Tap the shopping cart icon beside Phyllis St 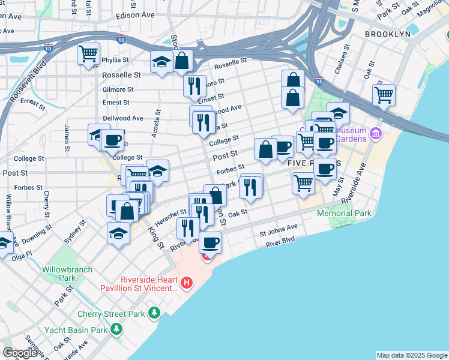point(88,54)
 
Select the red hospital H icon point(187,282)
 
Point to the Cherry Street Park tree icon point(154,313)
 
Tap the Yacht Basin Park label point(77,329)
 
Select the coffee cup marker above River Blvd point(210,242)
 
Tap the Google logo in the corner point(20,353)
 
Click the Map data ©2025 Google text point(411,355)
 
